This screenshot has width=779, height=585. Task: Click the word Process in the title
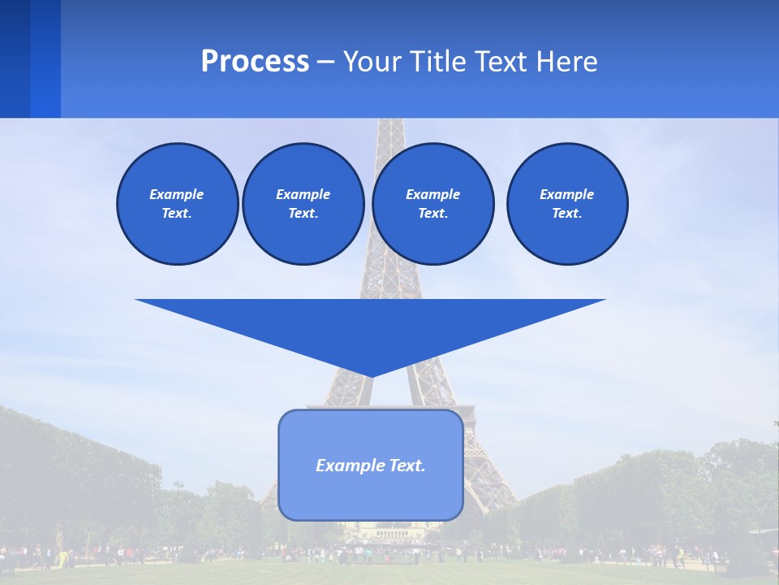[255, 62]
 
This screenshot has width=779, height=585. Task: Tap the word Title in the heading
[438, 62]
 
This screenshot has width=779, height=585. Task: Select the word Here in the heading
[566, 62]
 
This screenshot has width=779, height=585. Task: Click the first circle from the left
[177, 203]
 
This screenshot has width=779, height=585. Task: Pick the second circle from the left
[303, 203]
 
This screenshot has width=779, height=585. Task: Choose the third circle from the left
[433, 203]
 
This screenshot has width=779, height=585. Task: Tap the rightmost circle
[566, 203]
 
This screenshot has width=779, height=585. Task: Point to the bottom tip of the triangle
[371, 375]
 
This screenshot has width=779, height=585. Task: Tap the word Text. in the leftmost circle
[177, 213]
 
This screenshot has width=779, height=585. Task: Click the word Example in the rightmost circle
[566, 194]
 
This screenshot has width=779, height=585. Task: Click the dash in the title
[325, 62]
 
